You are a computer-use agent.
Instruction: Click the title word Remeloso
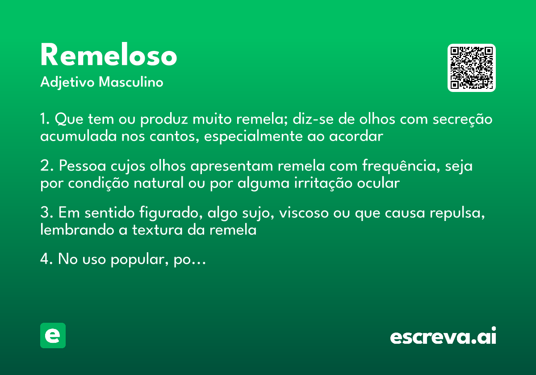tap(109, 56)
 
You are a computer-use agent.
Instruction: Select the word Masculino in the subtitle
tap(131, 83)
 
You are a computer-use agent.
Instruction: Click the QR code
tap(472, 68)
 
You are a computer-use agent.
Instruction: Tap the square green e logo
tap(53, 335)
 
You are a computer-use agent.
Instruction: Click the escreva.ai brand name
tap(443, 337)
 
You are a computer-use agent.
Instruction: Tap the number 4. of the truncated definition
tap(46, 260)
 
